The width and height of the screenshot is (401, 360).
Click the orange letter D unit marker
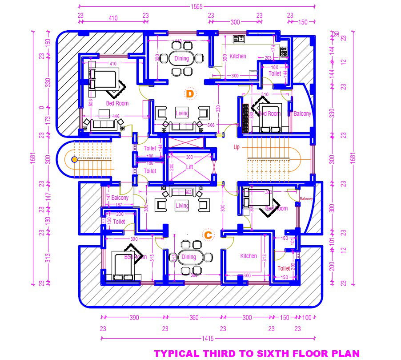pyautogui.click(x=190, y=93)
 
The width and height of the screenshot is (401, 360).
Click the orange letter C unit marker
pyautogui.click(x=208, y=235)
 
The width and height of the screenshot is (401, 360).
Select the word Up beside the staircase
pyautogui.click(x=237, y=147)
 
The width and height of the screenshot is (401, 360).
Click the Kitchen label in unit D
pyautogui.click(x=238, y=56)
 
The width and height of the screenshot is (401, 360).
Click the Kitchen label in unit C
pyautogui.click(x=249, y=256)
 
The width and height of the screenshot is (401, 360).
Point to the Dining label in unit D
pyautogui.click(x=181, y=58)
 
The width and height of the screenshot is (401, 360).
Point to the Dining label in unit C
pyautogui.click(x=189, y=257)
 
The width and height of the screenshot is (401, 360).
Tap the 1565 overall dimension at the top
pyautogui.click(x=196, y=7)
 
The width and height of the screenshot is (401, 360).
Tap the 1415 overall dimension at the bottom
pyautogui.click(x=207, y=339)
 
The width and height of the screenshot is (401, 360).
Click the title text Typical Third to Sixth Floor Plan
pyautogui.click(x=257, y=354)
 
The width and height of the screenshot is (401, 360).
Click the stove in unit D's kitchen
pyautogui.click(x=283, y=51)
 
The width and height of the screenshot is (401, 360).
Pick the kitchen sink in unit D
pyautogui.click(x=239, y=39)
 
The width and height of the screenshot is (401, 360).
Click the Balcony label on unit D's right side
pyautogui.click(x=302, y=114)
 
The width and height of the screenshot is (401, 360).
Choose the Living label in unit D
pyautogui.click(x=182, y=113)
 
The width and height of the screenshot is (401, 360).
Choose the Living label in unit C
pyautogui.click(x=182, y=206)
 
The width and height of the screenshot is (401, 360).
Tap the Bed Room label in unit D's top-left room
pyautogui.click(x=117, y=103)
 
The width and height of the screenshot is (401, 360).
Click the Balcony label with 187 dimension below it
pyautogui.click(x=120, y=198)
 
